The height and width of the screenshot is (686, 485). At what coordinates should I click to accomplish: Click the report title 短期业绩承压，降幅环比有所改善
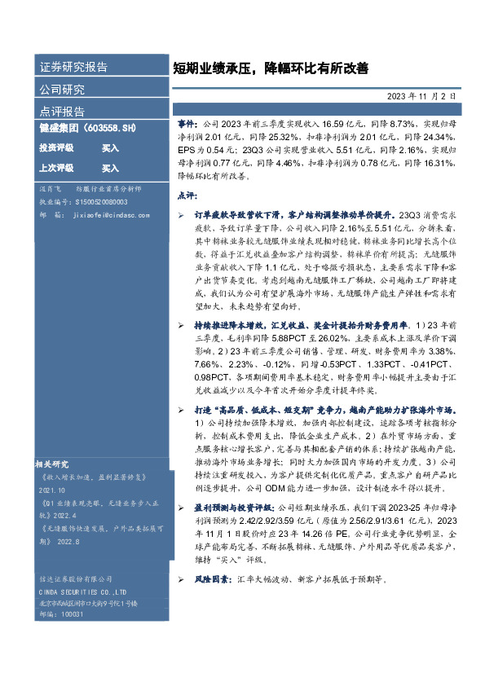(x=271, y=69)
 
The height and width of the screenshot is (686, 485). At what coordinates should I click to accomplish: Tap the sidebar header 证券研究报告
(x=73, y=68)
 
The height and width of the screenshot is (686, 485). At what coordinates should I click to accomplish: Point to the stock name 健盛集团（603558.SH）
(x=87, y=130)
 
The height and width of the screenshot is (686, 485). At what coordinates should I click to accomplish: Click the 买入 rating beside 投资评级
(x=110, y=148)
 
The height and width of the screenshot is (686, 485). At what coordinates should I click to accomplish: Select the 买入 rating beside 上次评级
(x=110, y=169)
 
